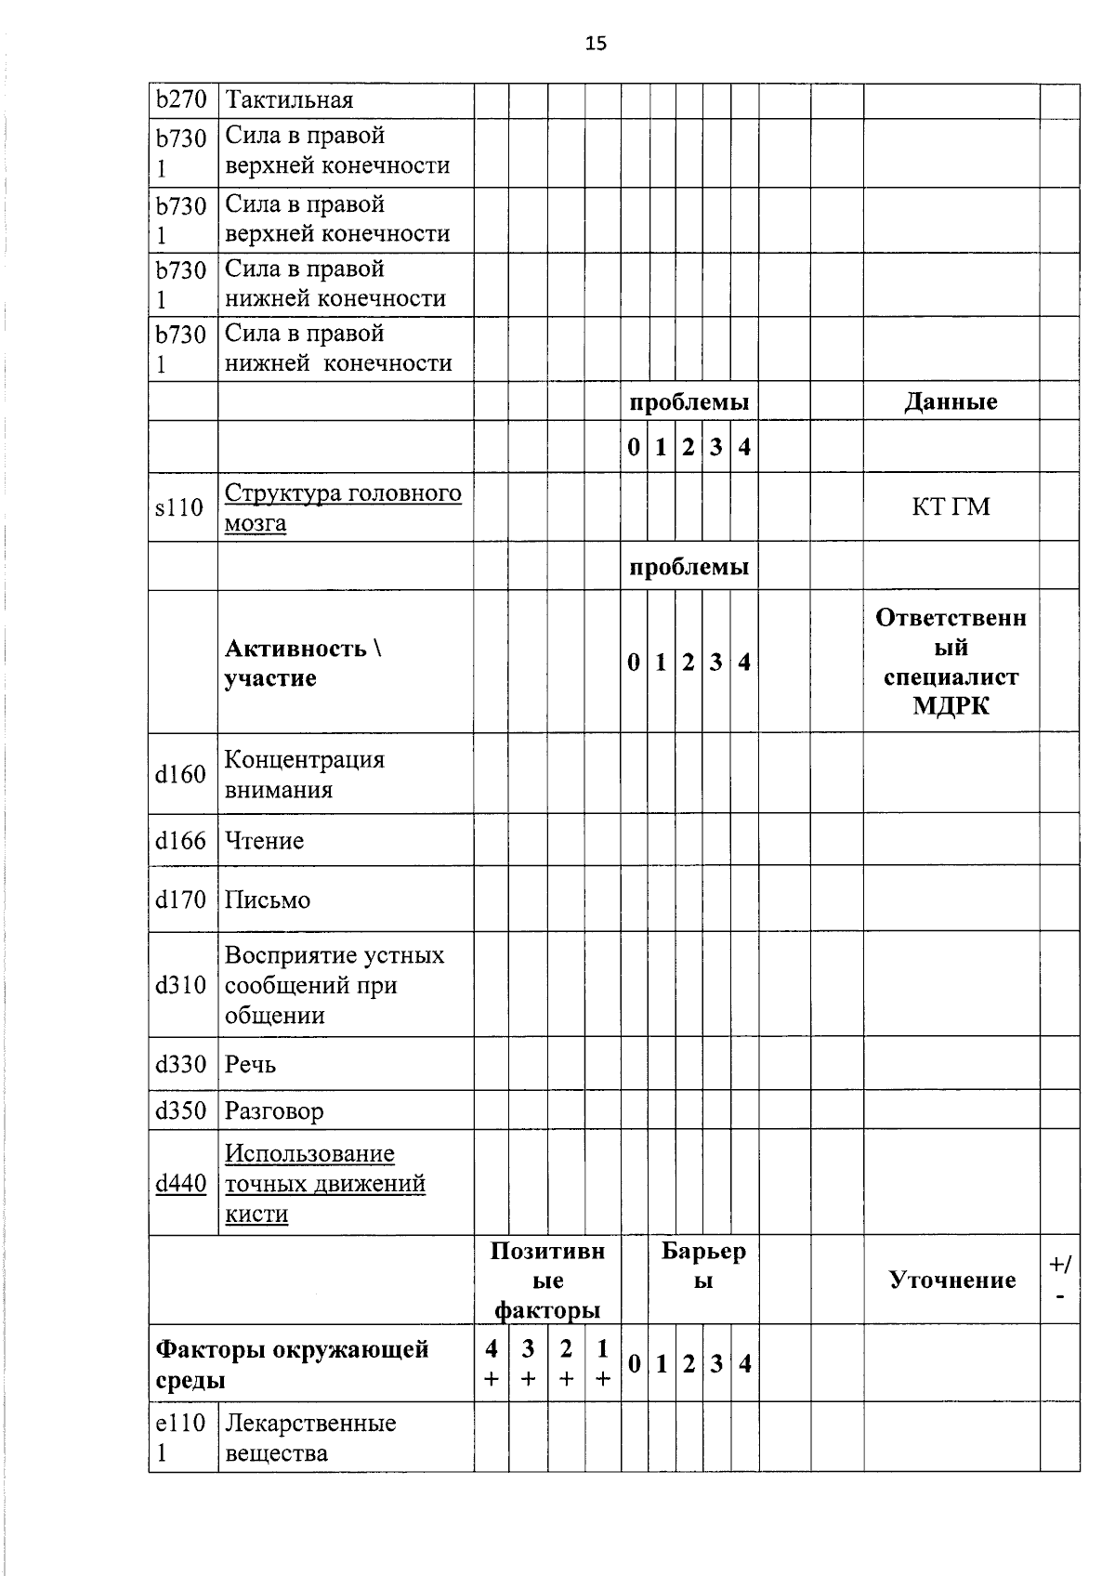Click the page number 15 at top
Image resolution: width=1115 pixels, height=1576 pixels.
point(596,43)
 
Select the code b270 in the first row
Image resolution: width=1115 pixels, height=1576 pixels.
point(180,99)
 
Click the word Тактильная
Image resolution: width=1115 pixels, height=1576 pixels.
point(289,100)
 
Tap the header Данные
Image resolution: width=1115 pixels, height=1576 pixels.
point(951,401)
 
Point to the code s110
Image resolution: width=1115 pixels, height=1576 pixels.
point(179,507)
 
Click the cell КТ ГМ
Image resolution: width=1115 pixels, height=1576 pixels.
point(951,506)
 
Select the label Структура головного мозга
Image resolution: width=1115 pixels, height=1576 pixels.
point(342,507)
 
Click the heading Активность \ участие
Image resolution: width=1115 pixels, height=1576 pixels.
point(304,663)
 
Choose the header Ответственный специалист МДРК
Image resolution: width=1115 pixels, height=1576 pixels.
point(951,662)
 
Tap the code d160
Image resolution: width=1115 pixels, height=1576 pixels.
point(180,774)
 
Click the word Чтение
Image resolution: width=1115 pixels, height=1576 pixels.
point(264,841)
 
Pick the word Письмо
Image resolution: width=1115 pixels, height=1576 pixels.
point(268,900)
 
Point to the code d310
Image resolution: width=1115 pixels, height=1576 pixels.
point(180,985)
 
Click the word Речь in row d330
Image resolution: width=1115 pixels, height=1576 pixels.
point(250,1065)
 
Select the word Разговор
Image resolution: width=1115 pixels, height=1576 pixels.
point(274,1111)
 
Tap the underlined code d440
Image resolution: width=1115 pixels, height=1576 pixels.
point(180,1184)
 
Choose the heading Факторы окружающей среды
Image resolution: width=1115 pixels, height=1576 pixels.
point(292,1364)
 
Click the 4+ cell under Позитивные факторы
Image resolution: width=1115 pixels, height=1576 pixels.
point(491,1364)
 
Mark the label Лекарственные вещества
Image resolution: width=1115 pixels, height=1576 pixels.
point(310,1438)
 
